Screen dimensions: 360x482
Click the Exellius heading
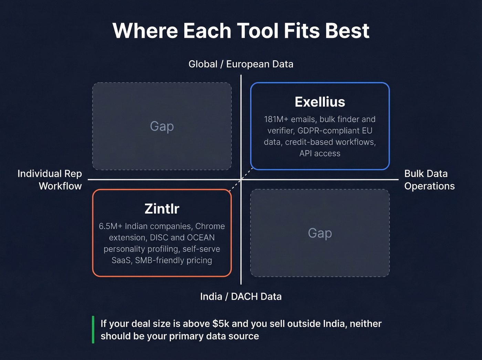pos(320,102)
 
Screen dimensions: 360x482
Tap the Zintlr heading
pos(162,209)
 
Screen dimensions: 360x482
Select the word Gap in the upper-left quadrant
pos(162,126)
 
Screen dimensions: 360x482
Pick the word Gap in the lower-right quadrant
pos(320,233)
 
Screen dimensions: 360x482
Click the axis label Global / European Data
pos(241,64)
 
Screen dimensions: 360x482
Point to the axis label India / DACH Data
pos(241,297)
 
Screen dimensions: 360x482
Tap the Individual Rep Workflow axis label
pos(50,180)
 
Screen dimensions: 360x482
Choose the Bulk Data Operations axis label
pos(429,180)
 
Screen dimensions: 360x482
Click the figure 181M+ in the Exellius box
pos(276,119)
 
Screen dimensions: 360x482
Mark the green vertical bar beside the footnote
pos(93,330)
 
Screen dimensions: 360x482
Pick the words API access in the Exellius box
pos(320,154)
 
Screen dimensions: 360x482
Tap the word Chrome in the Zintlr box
pos(210,226)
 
